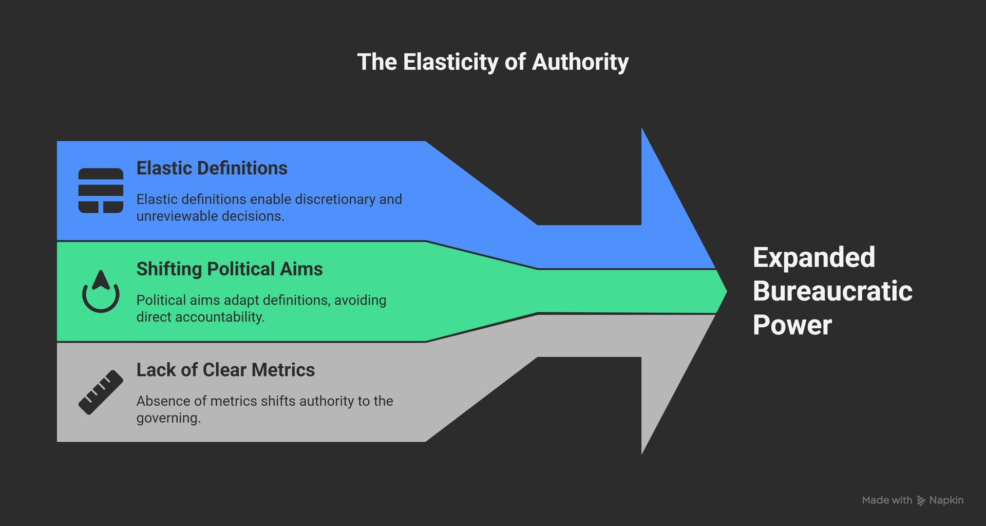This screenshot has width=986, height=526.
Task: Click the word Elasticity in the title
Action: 450,62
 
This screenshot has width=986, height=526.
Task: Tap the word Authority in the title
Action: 580,62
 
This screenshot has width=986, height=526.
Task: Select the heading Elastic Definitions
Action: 212,168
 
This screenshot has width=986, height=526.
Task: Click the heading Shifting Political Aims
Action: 229,269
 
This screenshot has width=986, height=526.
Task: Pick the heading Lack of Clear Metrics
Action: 225,370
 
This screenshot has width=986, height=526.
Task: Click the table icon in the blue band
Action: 101,191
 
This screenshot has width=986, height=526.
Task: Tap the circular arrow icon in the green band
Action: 101,291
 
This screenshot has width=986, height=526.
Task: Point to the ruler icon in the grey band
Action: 101,392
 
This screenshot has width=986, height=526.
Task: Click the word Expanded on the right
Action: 813,257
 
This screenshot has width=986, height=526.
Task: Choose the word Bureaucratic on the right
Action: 832,291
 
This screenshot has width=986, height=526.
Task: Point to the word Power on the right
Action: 792,325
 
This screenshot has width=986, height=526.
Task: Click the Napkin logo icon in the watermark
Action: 921,501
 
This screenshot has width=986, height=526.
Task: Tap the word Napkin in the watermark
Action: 946,500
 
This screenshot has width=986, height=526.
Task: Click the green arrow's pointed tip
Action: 725,291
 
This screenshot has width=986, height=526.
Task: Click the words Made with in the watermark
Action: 887,500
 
